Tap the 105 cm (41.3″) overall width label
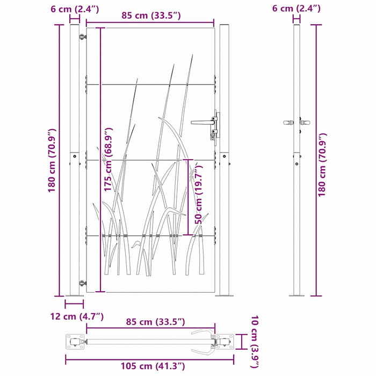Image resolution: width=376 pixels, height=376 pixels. click(x=150, y=366)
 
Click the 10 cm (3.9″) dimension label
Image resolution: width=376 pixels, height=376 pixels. click(x=256, y=342)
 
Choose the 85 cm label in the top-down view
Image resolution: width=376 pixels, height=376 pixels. click(x=150, y=322)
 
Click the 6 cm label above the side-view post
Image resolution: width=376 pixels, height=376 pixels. click(x=297, y=8)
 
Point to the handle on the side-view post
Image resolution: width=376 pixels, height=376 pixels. click(x=297, y=122)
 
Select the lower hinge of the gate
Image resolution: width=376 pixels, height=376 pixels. click(x=82, y=283)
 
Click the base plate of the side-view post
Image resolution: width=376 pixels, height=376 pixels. click(x=297, y=295)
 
